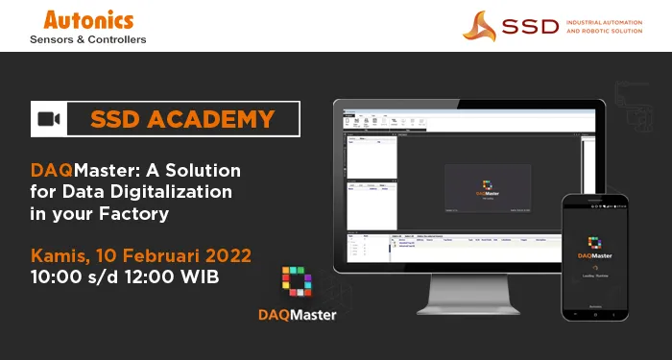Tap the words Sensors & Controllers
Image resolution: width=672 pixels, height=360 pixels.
[88, 39]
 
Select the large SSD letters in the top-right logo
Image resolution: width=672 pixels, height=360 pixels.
[534, 26]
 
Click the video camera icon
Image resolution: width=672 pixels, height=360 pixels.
[49, 119]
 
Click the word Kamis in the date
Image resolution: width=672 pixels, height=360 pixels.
[60, 256]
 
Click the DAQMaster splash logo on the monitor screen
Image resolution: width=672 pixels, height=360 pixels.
[486, 184]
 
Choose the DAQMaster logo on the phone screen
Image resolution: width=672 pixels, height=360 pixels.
[595, 244]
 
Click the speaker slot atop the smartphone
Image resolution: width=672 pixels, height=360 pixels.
[595, 202]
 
